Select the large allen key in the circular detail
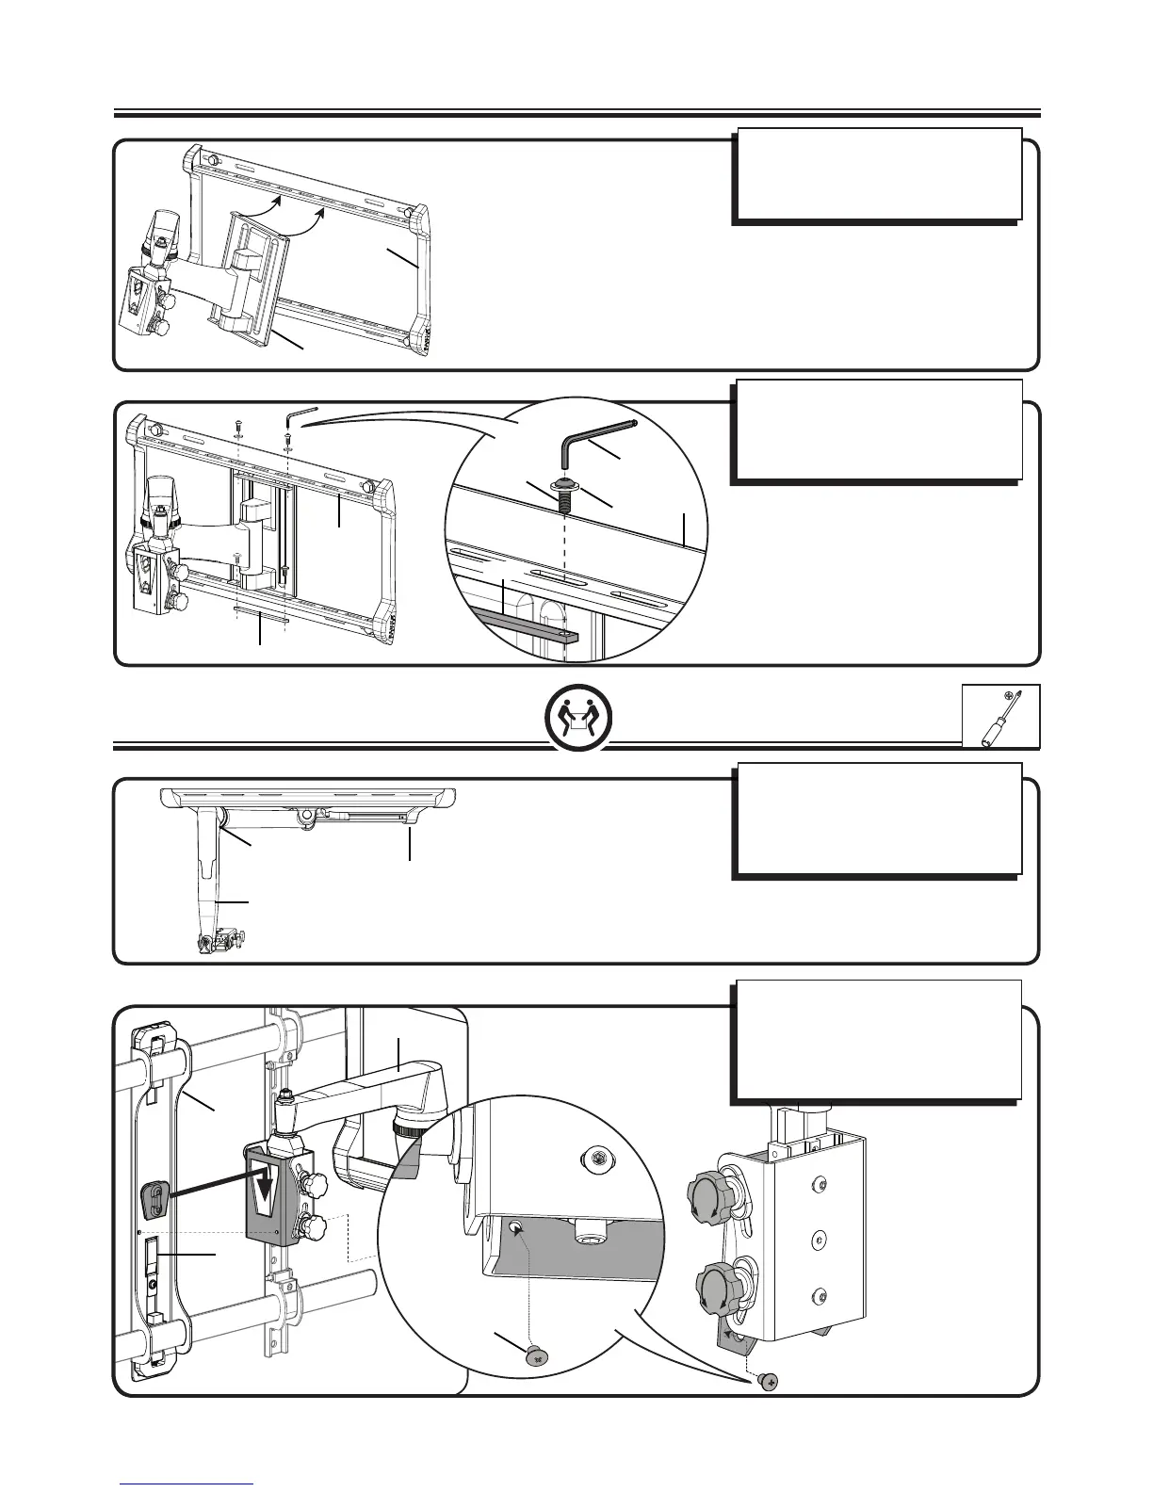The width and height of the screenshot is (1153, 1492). coord(595,441)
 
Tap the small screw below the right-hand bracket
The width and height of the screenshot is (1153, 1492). coord(769,1381)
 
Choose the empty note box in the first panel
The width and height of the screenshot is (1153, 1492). coord(877,175)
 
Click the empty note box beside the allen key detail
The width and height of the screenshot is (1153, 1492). coord(877,430)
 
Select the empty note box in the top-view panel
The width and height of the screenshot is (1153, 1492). coord(877,819)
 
